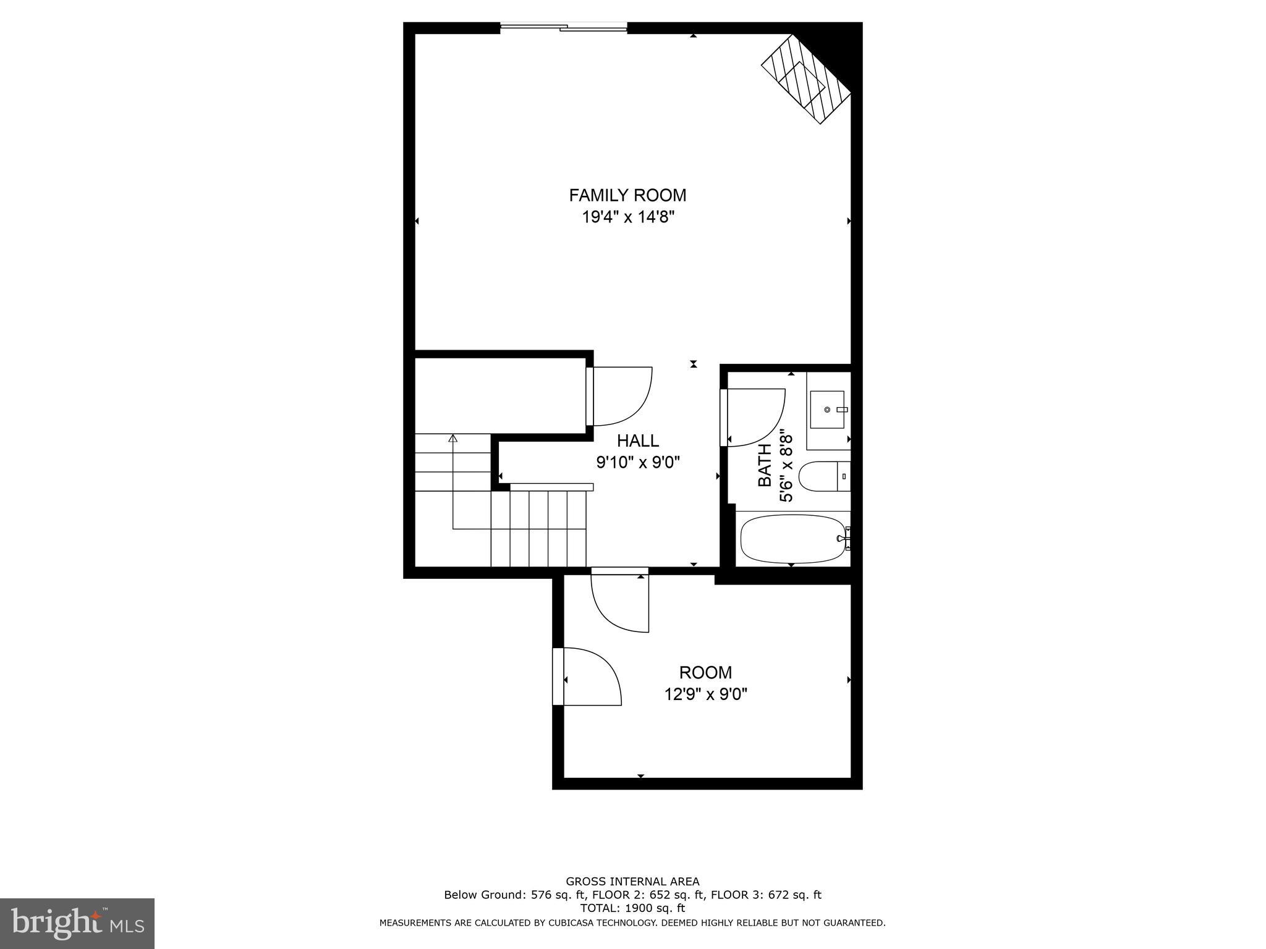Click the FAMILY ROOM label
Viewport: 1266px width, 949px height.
(627, 195)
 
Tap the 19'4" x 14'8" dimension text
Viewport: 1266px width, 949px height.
(627, 217)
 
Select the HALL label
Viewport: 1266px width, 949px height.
(638, 441)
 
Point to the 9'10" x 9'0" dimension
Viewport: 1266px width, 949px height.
(638, 462)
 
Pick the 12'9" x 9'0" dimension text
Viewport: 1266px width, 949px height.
(705, 694)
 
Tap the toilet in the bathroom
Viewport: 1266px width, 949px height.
(822, 476)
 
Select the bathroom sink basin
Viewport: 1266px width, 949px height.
(828, 409)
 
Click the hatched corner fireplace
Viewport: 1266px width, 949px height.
(806, 79)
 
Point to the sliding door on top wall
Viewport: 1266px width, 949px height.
(563, 27)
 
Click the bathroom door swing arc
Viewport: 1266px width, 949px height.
(757, 417)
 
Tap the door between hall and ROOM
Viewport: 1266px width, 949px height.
(620, 602)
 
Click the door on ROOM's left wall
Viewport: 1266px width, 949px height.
(587, 677)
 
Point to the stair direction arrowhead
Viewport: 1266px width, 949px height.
(453, 439)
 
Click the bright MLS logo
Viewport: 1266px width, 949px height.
(77, 923)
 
